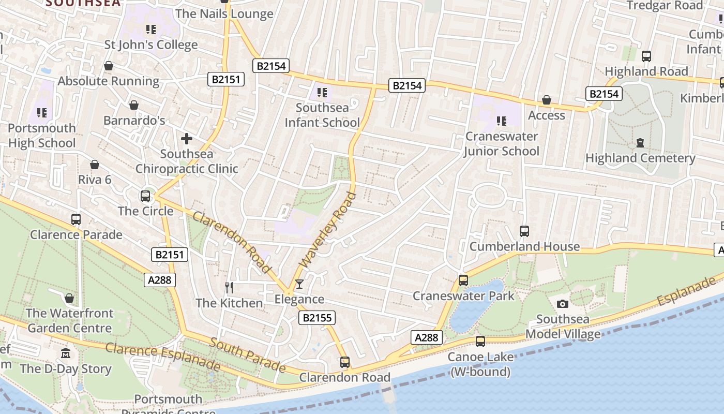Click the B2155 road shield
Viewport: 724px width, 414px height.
[316, 318]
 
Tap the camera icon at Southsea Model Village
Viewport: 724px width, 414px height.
[563, 304]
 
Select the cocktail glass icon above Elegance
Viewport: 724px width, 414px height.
[299, 284]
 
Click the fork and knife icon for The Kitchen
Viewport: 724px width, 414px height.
[229, 287]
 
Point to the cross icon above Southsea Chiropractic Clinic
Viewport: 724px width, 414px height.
[187, 139]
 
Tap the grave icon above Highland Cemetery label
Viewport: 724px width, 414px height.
[640, 142]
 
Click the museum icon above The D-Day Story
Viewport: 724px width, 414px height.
[66, 353]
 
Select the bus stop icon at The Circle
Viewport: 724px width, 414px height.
[145, 196]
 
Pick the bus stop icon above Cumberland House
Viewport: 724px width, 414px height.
[524, 231]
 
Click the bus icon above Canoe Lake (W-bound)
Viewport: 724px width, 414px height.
[480, 342]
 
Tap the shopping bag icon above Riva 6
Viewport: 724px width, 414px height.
[95, 165]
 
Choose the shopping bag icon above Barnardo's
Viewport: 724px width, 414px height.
[134, 105]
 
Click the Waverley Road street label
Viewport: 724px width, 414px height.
[328, 230]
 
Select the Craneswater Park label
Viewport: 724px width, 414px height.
[463, 296]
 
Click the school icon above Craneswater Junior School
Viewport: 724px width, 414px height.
[501, 121]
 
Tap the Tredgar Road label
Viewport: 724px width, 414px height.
[665, 6]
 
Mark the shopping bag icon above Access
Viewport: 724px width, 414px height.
[547, 100]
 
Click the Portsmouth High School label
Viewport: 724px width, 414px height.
[42, 136]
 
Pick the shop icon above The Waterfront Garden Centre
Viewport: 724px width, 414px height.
[69, 298]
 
